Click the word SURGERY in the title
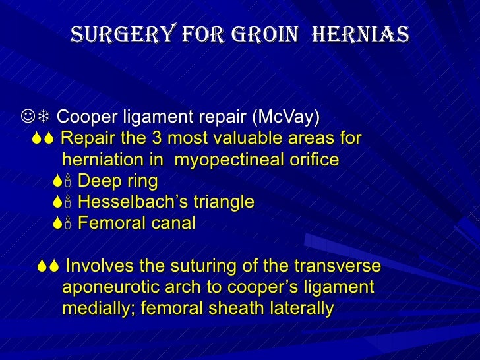point(114,33)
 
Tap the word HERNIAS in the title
point(359,33)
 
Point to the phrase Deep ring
point(117,181)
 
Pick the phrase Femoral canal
point(136,223)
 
